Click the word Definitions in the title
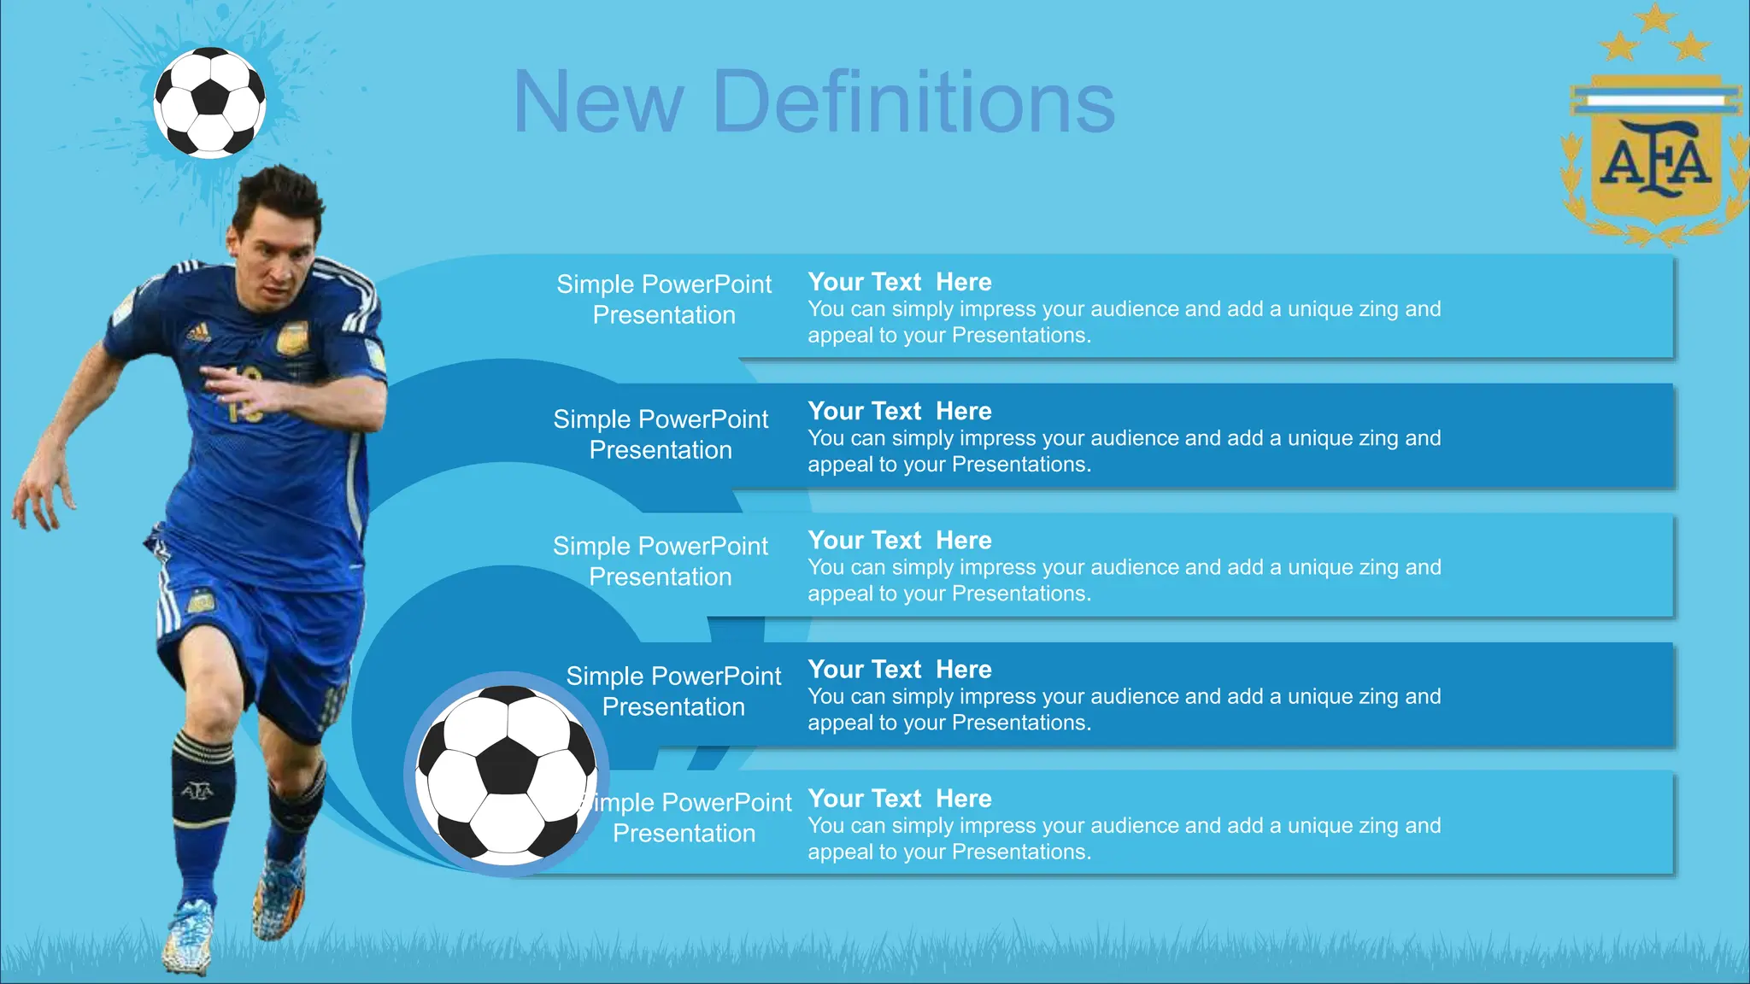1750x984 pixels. click(913, 102)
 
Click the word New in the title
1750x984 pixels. click(598, 102)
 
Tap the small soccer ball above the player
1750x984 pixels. click(209, 102)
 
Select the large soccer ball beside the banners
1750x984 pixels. click(508, 773)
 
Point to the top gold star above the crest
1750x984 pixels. click(1656, 17)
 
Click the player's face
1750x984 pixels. click(278, 256)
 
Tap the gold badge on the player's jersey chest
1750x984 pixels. click(292, 338)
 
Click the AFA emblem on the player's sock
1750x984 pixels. click(197, 791)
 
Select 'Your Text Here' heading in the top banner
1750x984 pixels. click(900, 282)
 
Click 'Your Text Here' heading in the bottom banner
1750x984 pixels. click(900, 799)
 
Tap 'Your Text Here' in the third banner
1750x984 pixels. click(900, 540)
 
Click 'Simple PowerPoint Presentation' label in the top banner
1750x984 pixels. click(664, 299)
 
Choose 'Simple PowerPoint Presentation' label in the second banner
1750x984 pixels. click(661, 434)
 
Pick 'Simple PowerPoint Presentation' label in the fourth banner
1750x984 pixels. click(673, 691)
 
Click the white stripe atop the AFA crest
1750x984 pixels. click(1655, 101)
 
